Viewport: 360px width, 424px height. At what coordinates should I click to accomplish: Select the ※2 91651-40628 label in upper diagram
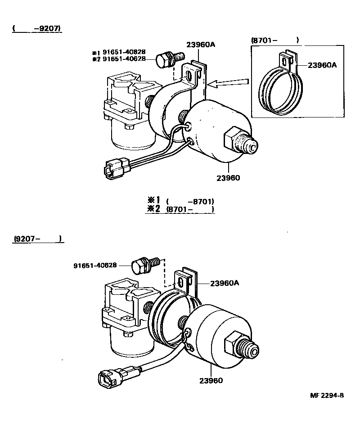120,59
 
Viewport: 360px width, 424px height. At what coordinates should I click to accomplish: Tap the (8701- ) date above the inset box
274,41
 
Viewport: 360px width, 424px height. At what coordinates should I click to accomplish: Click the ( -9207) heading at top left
36,29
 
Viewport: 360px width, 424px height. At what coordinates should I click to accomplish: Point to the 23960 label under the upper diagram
229,178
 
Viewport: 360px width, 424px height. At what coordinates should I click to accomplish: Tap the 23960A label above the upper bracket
201,45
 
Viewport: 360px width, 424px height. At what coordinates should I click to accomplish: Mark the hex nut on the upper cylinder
235,137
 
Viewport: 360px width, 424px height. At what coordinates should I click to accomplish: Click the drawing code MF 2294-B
327,396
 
